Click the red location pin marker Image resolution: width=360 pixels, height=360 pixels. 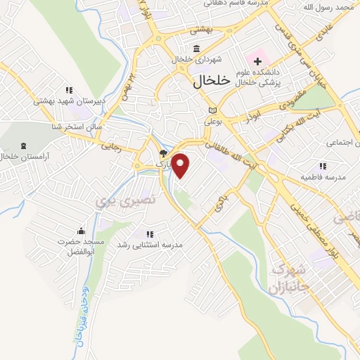click(x=181, y=165)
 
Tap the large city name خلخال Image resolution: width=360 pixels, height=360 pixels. click(x=211, y=81)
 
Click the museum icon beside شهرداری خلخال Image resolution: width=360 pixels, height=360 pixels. click(x=195, y=49)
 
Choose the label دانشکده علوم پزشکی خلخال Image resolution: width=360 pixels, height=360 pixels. click(x=261, y=77)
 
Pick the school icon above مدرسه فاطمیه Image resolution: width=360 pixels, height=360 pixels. click(x=322, y=166)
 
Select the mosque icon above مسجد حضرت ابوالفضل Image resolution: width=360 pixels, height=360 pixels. click(x=81, y=231)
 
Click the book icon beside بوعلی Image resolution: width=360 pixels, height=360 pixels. click(x=212, y=110)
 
